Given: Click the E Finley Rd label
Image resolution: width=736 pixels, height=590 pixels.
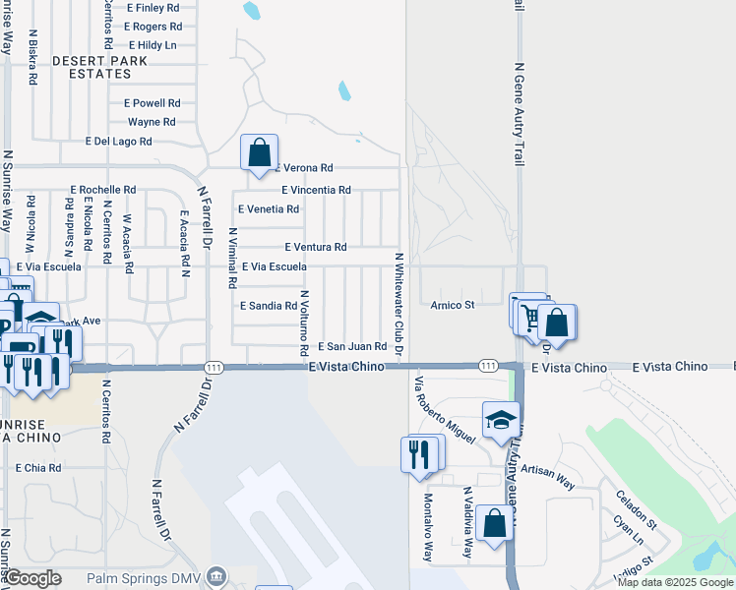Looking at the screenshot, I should (153, 8).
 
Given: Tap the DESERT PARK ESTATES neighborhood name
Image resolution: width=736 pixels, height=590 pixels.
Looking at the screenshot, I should (99, 67).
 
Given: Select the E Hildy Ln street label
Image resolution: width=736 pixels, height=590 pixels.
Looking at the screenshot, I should (152, 45).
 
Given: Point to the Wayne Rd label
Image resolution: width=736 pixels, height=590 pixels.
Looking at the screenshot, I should (152, 122).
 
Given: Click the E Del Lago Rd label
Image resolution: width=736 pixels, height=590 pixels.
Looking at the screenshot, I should (118, 142).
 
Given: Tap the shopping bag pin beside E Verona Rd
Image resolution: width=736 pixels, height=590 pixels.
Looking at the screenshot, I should (259, 153).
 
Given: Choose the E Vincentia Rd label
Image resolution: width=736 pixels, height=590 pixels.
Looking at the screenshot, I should (316, 190).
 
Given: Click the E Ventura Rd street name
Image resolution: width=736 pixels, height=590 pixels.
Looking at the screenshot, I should (315, 247).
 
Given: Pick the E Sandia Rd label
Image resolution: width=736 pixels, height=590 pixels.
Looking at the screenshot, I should (269, 306).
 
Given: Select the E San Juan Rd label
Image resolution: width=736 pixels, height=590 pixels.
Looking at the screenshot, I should (351, 346).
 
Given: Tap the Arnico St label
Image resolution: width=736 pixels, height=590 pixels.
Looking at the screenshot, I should (453, 305).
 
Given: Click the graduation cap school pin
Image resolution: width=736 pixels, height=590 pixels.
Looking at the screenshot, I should (501, 420).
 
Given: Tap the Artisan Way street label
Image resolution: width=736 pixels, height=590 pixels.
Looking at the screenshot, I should (548, 477).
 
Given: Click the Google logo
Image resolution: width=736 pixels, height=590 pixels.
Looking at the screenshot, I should (33, 579).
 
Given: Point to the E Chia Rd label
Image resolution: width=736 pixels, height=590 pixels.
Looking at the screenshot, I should (38, 468).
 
